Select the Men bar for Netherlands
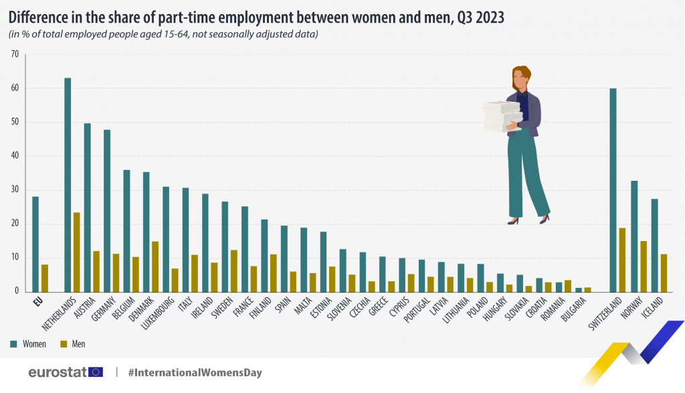76,252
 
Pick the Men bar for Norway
644,266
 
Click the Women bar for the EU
35,244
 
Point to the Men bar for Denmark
155,266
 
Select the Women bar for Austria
87,208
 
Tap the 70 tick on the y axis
15,54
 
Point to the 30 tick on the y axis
15,190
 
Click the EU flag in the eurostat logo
96,372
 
